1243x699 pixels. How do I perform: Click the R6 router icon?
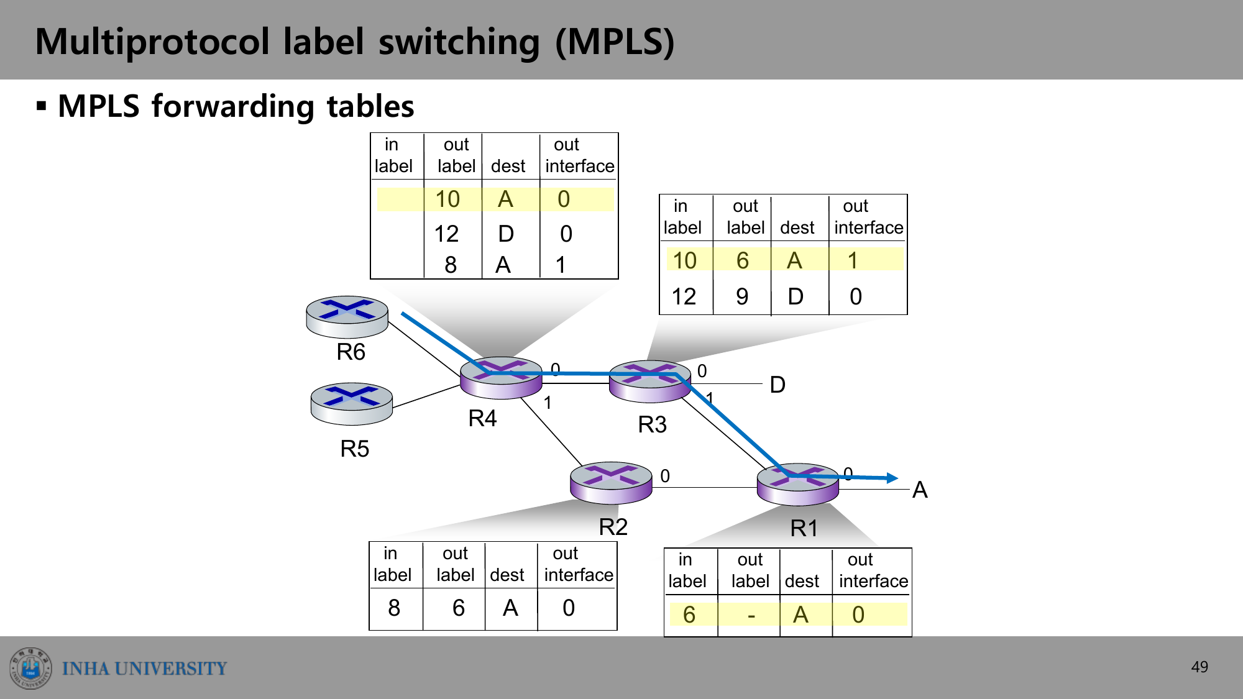(x=347, y=317)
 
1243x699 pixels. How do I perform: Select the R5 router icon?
(x=351, y=404)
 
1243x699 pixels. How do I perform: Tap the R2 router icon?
(x=611, y=483)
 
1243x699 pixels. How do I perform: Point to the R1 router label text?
(x=804, y=528)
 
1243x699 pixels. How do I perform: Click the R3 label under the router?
(x=652, y=424)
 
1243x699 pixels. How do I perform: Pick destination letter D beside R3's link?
(x=777, y=385)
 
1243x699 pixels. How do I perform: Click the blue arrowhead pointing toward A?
(x=892, y=478)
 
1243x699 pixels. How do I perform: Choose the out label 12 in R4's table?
(x=446, y=234)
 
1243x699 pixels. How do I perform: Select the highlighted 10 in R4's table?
(x=447, y=199)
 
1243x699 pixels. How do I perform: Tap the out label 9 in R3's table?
(x=742, y=296)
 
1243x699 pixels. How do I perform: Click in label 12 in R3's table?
(x=684, y=296)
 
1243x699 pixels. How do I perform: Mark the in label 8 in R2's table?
(x=394, y=608)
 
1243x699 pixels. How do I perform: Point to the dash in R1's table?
(x=751, y=615)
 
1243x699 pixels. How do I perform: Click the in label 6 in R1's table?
(x=689, y=614)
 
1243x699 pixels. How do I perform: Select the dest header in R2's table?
(x=507, y=575)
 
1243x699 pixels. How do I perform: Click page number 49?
(x=1199, y=667)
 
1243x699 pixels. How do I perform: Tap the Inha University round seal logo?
(x=30, y=668)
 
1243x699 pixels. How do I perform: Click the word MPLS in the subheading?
(x=99, y=106)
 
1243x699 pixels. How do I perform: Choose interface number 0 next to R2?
(x=665, y=476)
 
